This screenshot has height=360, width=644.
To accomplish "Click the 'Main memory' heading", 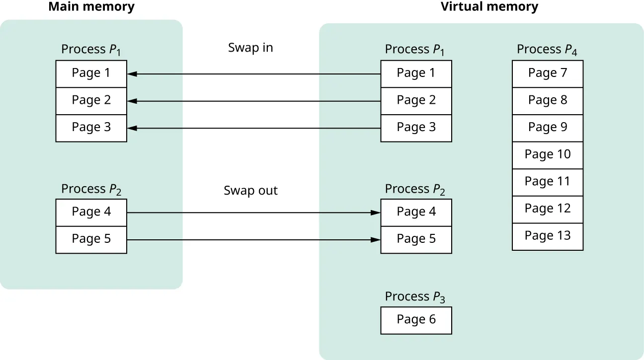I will pos(91,7).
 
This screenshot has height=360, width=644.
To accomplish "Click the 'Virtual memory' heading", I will pos(489,7).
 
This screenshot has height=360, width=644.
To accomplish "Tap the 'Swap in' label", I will pos(250,48).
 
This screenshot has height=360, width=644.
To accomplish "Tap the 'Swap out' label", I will pos(250,191).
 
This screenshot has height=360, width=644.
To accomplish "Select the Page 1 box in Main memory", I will pos(91,73).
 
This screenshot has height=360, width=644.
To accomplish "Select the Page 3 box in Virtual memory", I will pos(416,128).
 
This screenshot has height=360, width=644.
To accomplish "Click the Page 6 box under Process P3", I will pos(416,320).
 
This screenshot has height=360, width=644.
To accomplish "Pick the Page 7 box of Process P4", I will pos(547,73).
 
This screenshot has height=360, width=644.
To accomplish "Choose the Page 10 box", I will pos(547,155).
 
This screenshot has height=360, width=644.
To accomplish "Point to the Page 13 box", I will pos(547,236).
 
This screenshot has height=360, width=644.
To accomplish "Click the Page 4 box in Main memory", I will pos(91,213).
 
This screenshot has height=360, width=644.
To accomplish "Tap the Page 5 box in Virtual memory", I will pos(416,239).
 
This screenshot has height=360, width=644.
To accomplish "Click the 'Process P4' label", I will pos(547,49).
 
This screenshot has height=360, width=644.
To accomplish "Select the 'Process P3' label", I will pos(415,296).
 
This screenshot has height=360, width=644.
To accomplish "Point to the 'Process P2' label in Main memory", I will pos(91,189).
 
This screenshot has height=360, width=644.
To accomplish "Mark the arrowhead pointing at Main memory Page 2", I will pos(132,101).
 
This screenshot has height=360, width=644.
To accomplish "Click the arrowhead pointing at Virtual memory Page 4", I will pos(376,213).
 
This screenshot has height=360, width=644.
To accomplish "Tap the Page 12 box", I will pos(547,209).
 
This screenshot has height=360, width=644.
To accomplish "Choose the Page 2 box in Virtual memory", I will pos(416,101).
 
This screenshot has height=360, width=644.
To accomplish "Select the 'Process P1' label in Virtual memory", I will pos(415,49).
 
